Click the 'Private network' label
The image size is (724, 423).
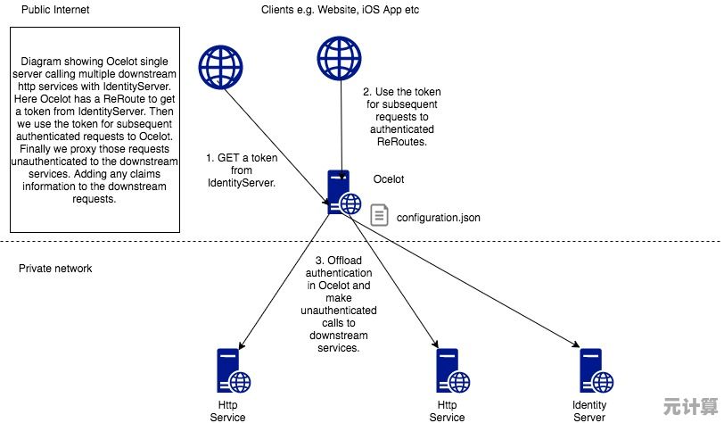[55, 269]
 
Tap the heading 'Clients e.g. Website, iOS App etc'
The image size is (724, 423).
[340, 10]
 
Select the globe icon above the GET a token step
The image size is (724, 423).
[220, 65]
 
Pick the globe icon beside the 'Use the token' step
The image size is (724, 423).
[340, 57]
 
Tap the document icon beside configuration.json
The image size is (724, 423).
[380, 215]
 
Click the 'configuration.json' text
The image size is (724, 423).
[439, 217]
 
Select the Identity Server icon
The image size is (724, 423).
[592, 370]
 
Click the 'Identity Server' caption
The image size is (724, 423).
[589, 411]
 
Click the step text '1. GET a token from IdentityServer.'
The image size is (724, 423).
[241, 170]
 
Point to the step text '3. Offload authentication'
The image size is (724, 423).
[341, 303]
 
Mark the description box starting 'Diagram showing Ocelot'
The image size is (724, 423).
[95, 129]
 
